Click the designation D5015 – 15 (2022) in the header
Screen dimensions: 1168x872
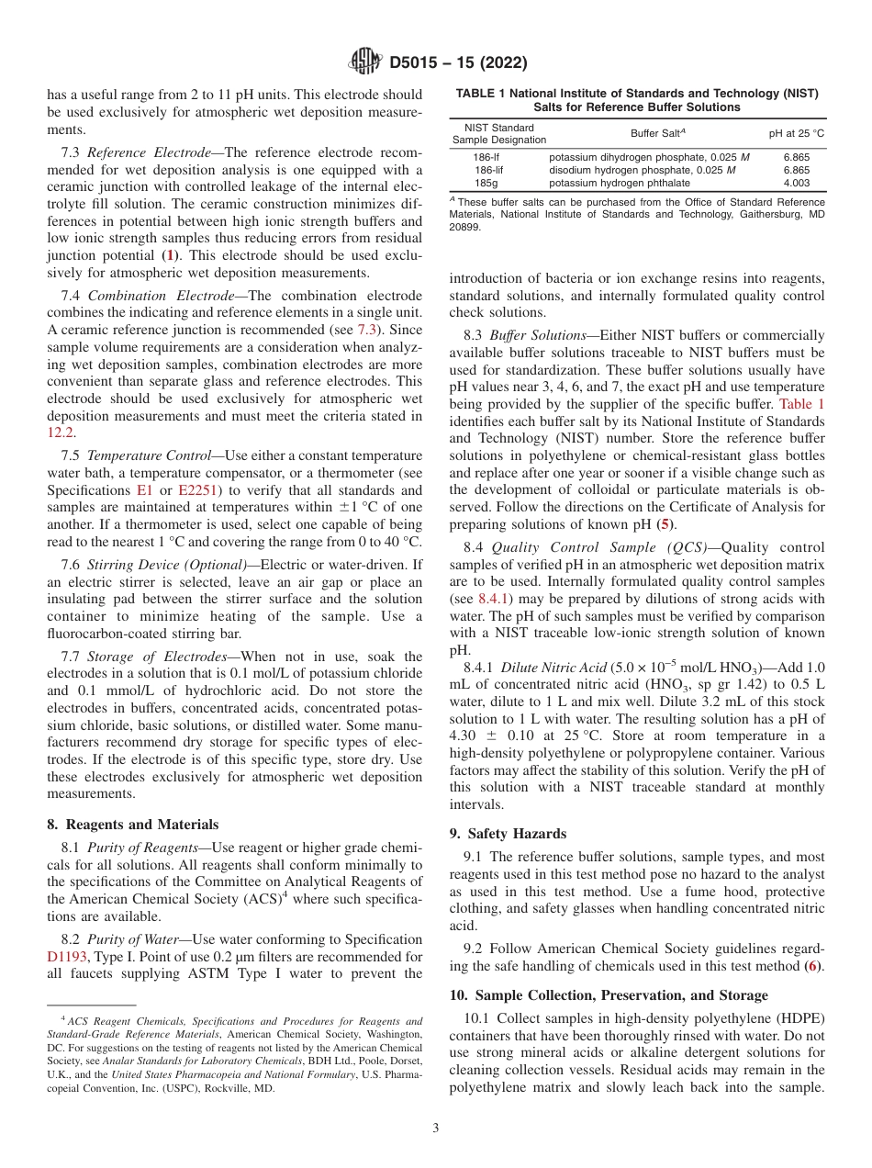pyautogui.click(x=458, y=63)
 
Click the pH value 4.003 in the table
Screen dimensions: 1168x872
pyautogui.click(x=796, y=183)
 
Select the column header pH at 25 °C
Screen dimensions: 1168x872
pyautogui.click(x=796, y=133)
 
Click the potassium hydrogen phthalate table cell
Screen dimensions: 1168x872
pyautogui.click(x=620, y=183)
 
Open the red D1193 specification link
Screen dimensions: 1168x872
pyautogui.click(x=65, y=957)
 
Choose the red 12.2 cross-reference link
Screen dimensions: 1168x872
pyautogui.click(x=60, y=432)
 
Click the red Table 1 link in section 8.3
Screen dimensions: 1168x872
pyautogui.click(x=801, y=404)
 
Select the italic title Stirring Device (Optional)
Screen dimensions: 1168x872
pyautogui.click(x=167, y=565)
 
